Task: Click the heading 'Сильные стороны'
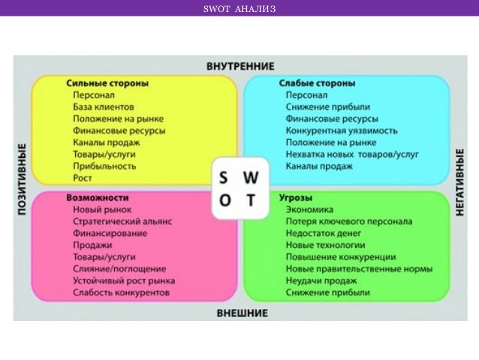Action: tap(107, 83)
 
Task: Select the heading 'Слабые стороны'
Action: tap(317, 83)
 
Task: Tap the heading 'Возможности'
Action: tap(97, 197)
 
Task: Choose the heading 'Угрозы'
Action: tap(295, 197)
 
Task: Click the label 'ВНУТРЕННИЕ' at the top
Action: tap(240, 66)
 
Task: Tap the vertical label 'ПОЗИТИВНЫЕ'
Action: tap(22, 180)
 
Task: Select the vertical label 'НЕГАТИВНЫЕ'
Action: tap(460, 181)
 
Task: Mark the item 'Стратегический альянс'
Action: tap(122, 221)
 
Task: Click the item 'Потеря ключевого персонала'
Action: tap(348, 221)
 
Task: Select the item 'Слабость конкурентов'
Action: tap(121, 292)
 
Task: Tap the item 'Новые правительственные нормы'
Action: tap(359, 268)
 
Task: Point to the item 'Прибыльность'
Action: tap(104, 166)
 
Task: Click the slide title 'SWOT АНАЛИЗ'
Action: tap(239, 9)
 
